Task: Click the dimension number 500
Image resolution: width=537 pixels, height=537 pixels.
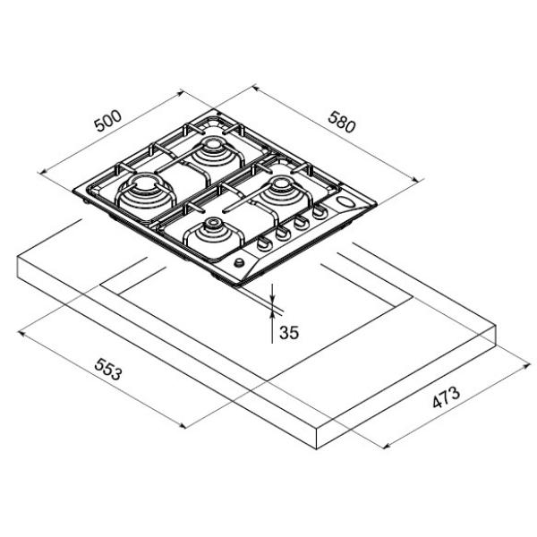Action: coord(108,121)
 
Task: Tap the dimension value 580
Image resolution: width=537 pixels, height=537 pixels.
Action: coord(342,122)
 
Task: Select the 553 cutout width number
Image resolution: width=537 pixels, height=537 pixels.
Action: coord(108,369)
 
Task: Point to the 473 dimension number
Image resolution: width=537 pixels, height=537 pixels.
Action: coord(446,397)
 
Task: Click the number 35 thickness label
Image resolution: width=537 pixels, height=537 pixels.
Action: coord(289,333)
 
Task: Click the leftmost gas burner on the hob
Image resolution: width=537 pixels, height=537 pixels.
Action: coord(146,192)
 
